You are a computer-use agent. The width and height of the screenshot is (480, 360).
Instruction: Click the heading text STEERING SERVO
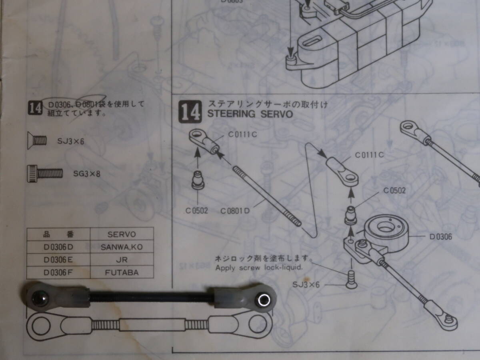coord(250,114)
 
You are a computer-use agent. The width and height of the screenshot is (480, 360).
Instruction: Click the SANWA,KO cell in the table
coord(122,247)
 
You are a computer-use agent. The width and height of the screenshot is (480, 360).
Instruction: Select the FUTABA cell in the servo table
coord(122,272)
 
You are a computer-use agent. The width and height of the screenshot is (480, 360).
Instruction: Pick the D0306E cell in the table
coord(58,260)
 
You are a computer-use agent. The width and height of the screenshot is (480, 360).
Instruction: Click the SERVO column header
coord(122,234)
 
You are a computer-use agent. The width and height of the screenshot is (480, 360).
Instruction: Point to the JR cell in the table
coord(122,260)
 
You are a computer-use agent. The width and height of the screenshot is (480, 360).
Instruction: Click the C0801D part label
coord(235,210)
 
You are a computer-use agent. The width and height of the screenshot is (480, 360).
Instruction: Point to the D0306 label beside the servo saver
coord(440,237)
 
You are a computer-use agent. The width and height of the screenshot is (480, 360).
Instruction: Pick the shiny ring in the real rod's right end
coord(264,300)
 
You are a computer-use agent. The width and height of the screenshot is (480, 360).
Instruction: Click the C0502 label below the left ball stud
coord(197,210)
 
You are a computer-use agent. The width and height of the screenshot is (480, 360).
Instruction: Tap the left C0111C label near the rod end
coord(242,135)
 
